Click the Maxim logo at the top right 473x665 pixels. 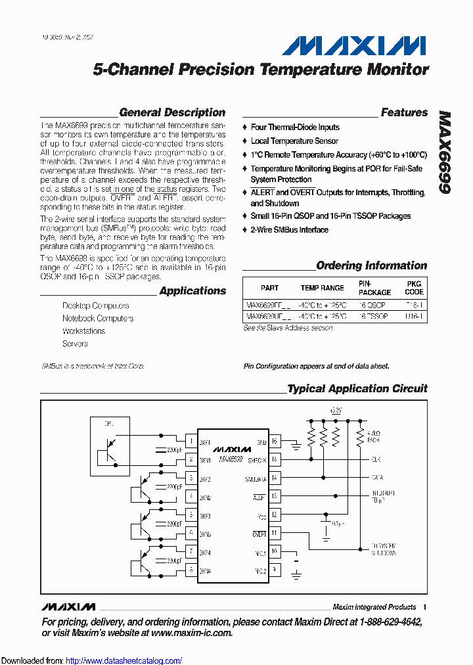pos(354,45)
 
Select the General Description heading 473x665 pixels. pos(172,112)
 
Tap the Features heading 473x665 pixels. pos(404,112)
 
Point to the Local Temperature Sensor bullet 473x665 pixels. pos(294,141)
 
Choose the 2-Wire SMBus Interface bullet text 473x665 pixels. pos(289,229)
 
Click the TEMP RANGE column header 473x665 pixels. pos(322,288)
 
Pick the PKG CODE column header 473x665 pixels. pos(414,288)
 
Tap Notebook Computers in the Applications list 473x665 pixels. pos(98,318)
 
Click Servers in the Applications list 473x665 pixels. pos(75,344)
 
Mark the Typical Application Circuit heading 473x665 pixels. pos(357,388)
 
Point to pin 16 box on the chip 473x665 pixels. pos(275,441)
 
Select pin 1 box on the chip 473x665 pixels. pos(191,441)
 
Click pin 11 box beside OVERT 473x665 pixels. pos(275,533)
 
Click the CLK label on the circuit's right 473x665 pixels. pos(376,459)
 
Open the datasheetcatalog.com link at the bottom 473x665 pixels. pos(124,660)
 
